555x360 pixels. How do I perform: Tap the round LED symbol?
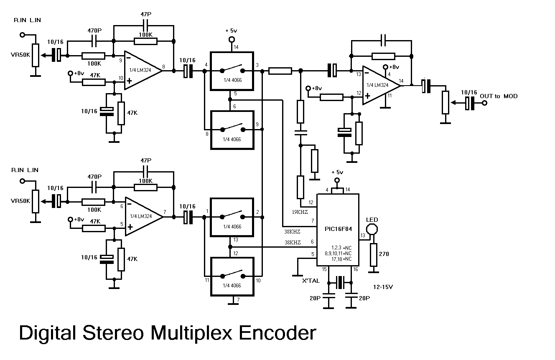click(372, 229)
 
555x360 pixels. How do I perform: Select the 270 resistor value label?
click(384, 254)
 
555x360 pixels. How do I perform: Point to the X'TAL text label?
click(311, 281)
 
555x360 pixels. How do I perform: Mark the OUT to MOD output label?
click(499, 96)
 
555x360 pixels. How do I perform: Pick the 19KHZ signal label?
click(300, 212)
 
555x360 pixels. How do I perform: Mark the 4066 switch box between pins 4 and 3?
click(232, 71)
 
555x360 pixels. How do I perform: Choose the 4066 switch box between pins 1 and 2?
click(232, 217)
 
